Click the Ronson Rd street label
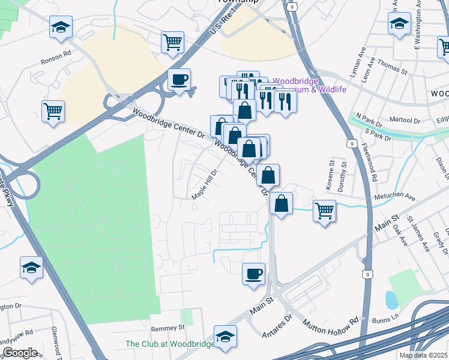tap(56, 61)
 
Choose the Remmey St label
tap(167, 328)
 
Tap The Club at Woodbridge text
tap(169, 344)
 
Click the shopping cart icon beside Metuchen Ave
tap(324, 210)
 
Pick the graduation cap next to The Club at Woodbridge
tap(225, 336)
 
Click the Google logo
tap(19, 353)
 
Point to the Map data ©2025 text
tap(423, 355)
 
